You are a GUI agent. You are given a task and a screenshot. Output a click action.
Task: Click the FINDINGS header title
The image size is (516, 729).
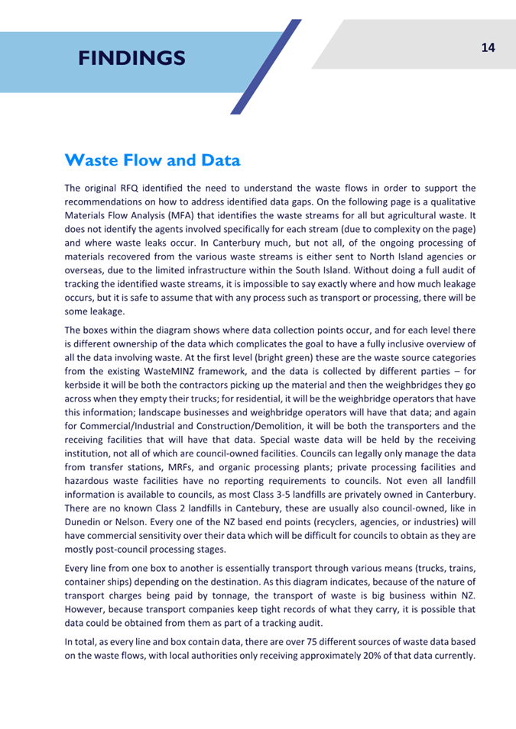[131, 57]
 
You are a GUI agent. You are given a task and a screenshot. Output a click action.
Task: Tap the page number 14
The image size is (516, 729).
[488, 48]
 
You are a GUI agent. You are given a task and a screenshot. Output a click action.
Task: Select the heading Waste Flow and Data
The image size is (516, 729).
[153, 160]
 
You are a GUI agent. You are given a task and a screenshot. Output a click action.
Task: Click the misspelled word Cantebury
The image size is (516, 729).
[254, 508]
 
